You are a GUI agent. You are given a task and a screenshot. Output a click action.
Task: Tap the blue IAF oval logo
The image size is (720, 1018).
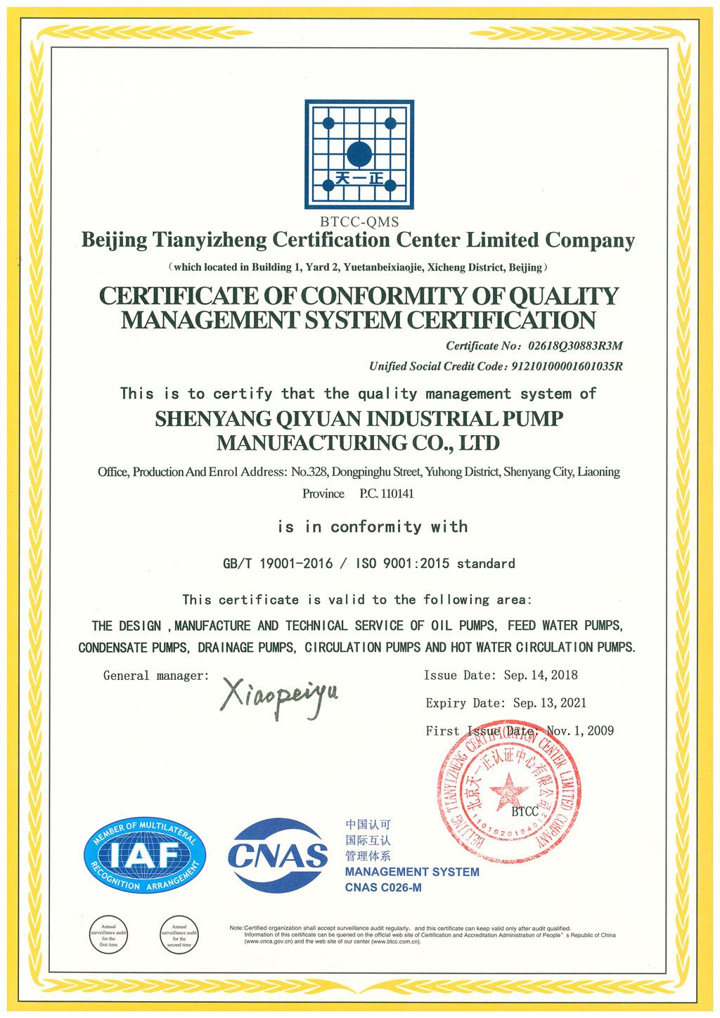(x=145, y=856)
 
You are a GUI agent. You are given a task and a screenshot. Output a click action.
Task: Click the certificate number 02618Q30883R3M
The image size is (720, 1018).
(x=570, y=346)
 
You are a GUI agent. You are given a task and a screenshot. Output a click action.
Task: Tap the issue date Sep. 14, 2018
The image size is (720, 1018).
(x=541, y=676)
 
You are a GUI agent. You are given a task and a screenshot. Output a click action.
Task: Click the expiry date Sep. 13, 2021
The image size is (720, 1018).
(x=550, y=703)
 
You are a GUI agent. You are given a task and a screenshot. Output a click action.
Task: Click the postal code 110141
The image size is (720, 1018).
(x=397, y=494)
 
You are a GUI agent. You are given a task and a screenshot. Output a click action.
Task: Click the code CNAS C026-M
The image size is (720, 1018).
(x=383, y=887)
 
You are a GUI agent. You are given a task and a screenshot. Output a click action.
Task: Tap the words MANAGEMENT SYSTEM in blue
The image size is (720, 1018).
(x=412, y=872)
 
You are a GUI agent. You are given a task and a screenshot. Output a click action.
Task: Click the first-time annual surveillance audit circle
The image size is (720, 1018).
(x=108, y=934)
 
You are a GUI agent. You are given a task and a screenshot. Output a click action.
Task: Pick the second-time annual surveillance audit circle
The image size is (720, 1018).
(x=179, y=934)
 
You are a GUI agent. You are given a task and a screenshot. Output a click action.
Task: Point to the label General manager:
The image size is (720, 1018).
(x=156, y=676)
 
